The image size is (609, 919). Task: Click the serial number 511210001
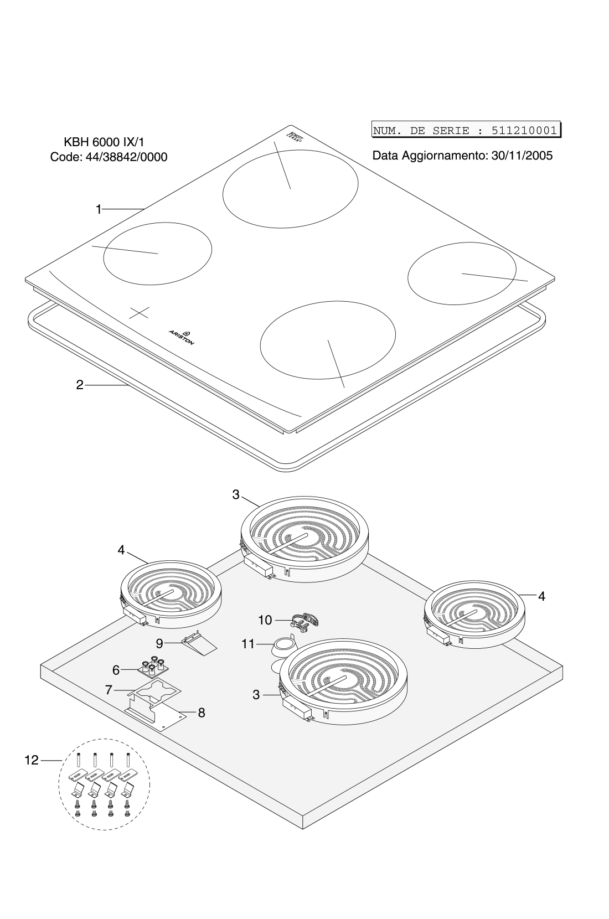click(523, 131)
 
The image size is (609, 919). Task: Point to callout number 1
click(99, 209)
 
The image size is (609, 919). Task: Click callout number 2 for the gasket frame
click(80, 385)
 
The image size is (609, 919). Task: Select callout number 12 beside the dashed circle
click(31, 761)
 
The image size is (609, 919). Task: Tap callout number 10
click(265, 620)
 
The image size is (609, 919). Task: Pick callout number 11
click(247, 644)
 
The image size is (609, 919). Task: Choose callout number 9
click(159, 643)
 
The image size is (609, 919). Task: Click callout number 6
click(116, 670)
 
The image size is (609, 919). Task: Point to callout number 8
click(202, 713)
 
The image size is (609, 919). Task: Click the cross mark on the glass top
click(139, 312)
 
